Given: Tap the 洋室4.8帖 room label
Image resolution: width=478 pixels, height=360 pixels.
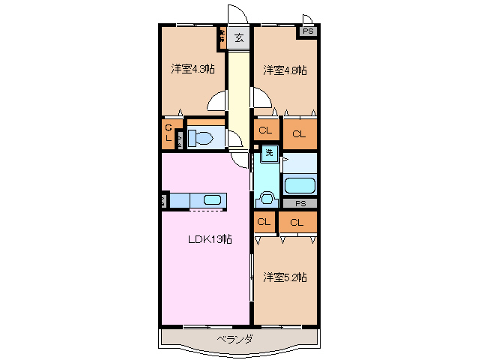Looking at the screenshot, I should (x=285, y=70).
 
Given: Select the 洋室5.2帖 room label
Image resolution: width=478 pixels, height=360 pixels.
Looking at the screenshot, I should (x=285, y=277).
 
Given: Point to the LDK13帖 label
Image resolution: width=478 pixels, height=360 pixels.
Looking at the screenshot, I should (x=209, y=240).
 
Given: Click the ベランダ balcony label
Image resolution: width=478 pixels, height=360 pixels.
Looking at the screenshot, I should (x=235, y=340).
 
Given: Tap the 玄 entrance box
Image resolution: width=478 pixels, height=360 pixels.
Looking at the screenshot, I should (x=239, y=37).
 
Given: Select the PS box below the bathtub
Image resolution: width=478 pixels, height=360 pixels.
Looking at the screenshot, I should (x=300, y=203).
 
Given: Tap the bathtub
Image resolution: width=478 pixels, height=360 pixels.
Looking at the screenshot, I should (x=300, y=185).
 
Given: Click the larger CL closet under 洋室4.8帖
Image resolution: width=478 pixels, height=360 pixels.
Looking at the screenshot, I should (x=299, y=134).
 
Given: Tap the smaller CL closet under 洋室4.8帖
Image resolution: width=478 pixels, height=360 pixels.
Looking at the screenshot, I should (x=264, y=130).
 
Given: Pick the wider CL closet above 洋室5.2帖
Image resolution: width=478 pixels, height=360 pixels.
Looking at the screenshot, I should (x=297, y=222).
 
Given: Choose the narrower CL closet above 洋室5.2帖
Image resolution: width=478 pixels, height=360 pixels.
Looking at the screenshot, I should (x=264, y=221).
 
